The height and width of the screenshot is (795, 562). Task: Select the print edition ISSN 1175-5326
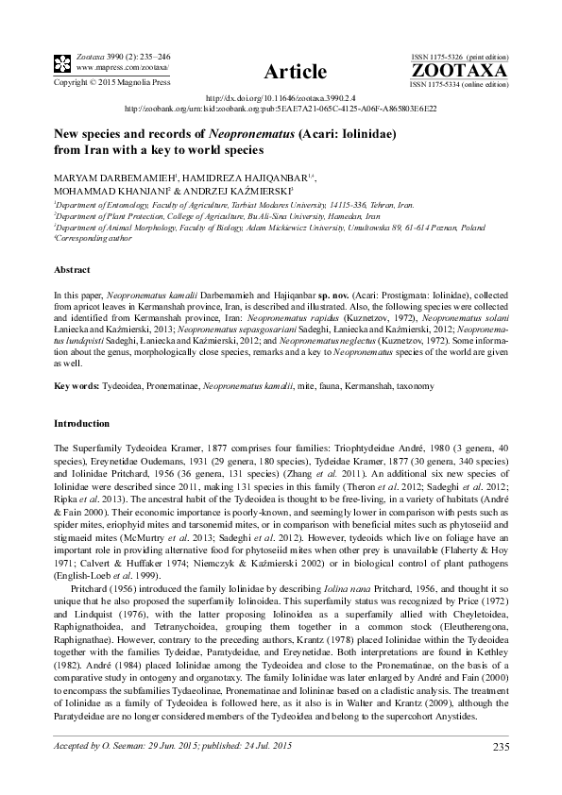tap(439, 58)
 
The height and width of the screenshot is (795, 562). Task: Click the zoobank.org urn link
tap(281, 109)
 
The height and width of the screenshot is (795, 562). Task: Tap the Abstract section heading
tap(73, 269)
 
